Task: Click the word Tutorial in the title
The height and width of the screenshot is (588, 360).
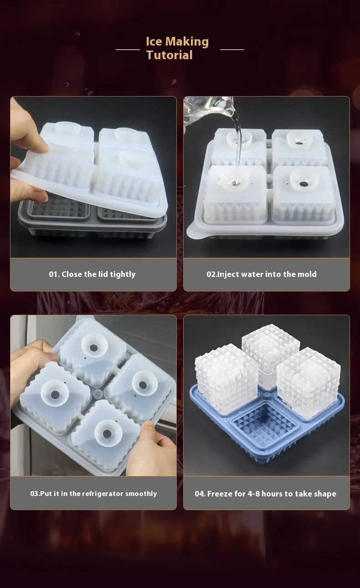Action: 170,55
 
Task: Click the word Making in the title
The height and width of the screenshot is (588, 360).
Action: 187,42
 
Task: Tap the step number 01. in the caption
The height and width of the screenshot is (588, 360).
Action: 54,274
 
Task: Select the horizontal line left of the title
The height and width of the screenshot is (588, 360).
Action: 128,49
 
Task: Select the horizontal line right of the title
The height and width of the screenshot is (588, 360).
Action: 232,49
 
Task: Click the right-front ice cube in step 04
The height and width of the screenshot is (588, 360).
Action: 309,383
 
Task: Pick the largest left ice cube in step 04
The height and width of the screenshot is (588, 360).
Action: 226,378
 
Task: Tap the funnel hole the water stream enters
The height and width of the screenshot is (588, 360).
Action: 235,182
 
